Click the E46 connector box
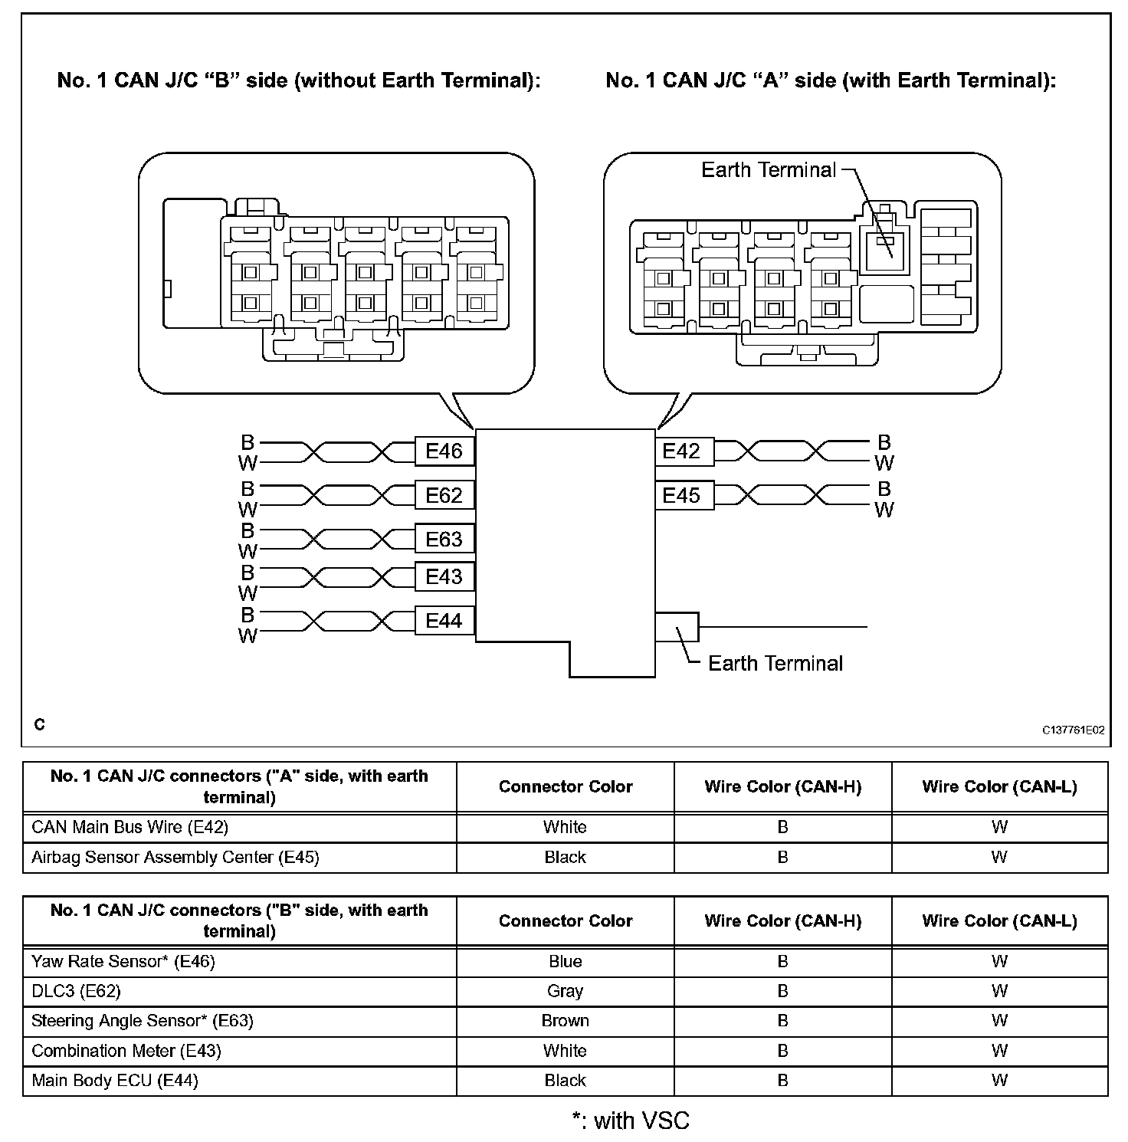444,451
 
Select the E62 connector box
444,495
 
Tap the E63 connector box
444,539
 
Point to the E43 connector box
444,576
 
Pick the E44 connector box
444,620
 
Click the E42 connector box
681,451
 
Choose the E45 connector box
681,495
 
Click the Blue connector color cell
565,961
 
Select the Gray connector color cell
565,991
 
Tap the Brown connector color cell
565,1021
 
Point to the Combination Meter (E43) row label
126,1051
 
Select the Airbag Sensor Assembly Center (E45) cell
175,857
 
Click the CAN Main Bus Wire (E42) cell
130,827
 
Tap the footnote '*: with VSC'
631,1121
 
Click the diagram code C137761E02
1073,730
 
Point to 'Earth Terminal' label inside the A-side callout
769,169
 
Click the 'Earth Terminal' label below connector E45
775,663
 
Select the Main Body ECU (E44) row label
114,1081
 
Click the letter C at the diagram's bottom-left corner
40,724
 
